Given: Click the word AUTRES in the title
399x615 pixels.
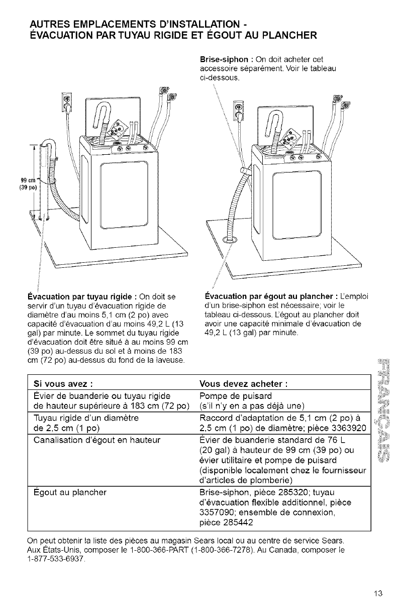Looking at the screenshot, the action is pyautogui.click(x=52, y=24).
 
